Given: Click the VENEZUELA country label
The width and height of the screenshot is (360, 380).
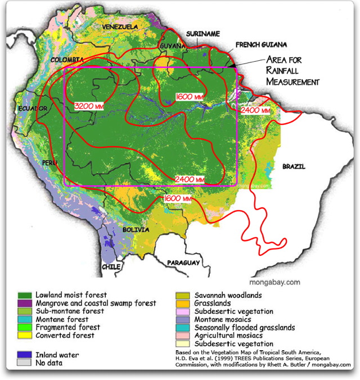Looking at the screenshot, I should tap(120, 26).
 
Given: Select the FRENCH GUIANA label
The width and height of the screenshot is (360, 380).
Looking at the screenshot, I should tap(261, 44).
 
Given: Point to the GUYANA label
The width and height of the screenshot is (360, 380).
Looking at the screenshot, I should tap(172, 46).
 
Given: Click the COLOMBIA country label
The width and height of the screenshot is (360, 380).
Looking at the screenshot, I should tap(67, 60).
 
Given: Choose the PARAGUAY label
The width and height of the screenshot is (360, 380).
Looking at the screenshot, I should tap(184, 263).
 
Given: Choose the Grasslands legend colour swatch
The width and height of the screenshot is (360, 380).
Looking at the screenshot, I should tap(184, 303).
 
